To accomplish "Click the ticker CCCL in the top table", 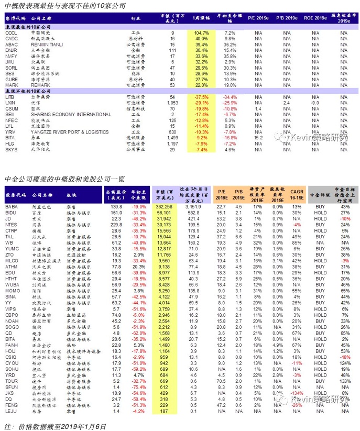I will click(x=11, y=33).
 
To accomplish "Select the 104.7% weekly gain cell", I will click(x=202, y=33).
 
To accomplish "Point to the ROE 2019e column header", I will click(x=314, y=18).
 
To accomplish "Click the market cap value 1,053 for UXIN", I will click(x=171, y=103).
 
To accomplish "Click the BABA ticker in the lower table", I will click(x=12, y=208).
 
